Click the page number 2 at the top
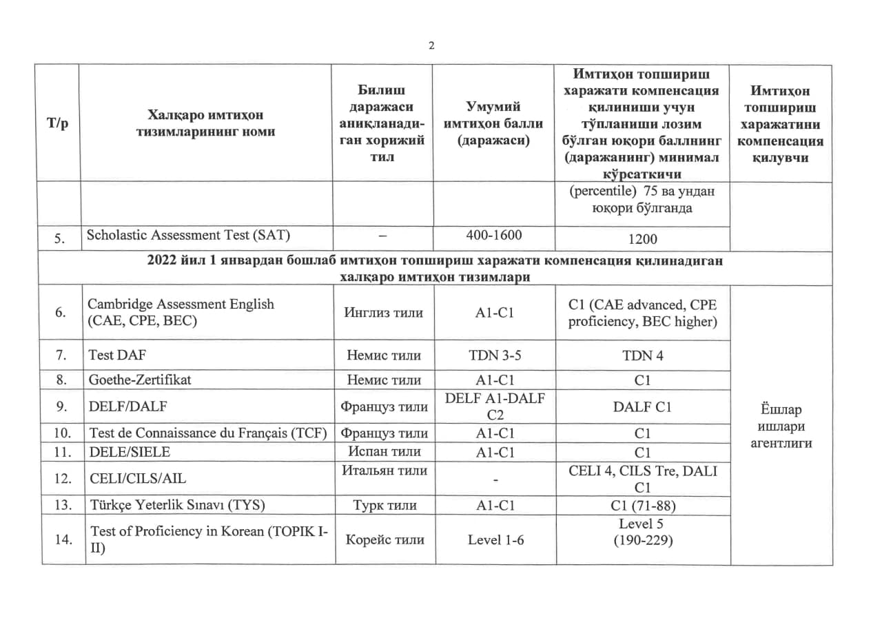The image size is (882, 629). [431, 45]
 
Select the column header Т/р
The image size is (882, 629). [58, 123]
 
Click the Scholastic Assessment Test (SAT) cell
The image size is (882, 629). [188, 235]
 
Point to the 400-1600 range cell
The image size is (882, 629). [493, 235]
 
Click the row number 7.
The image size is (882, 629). [61, 355]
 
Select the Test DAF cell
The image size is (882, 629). [118, 355]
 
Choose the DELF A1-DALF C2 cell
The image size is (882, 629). [493, 406]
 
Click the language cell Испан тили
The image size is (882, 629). [384, 451]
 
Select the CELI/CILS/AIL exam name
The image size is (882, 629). [138, 478]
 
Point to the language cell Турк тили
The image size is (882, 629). [384, 505]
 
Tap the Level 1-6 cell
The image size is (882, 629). [495, 540]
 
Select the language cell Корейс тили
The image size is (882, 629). [384, 540]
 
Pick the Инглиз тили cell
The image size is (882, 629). [384, 312]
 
